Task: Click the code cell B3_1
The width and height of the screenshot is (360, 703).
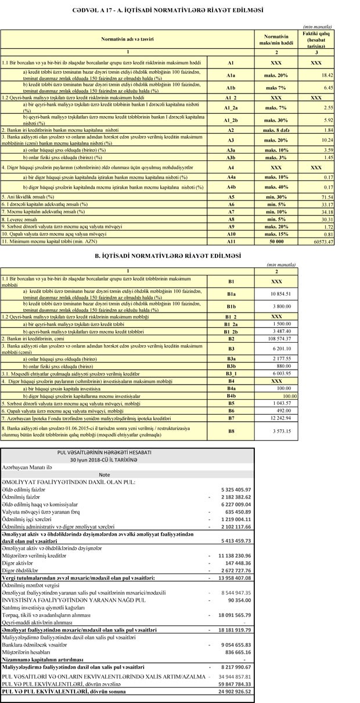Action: coord(231,374)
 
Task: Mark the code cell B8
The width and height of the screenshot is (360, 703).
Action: coord(231,432)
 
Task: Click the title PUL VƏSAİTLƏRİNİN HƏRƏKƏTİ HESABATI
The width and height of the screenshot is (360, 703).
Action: coord(105,451)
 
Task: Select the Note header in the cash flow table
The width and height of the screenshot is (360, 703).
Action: coord(105,474)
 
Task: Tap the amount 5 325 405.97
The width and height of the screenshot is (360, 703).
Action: coord(235,489)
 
